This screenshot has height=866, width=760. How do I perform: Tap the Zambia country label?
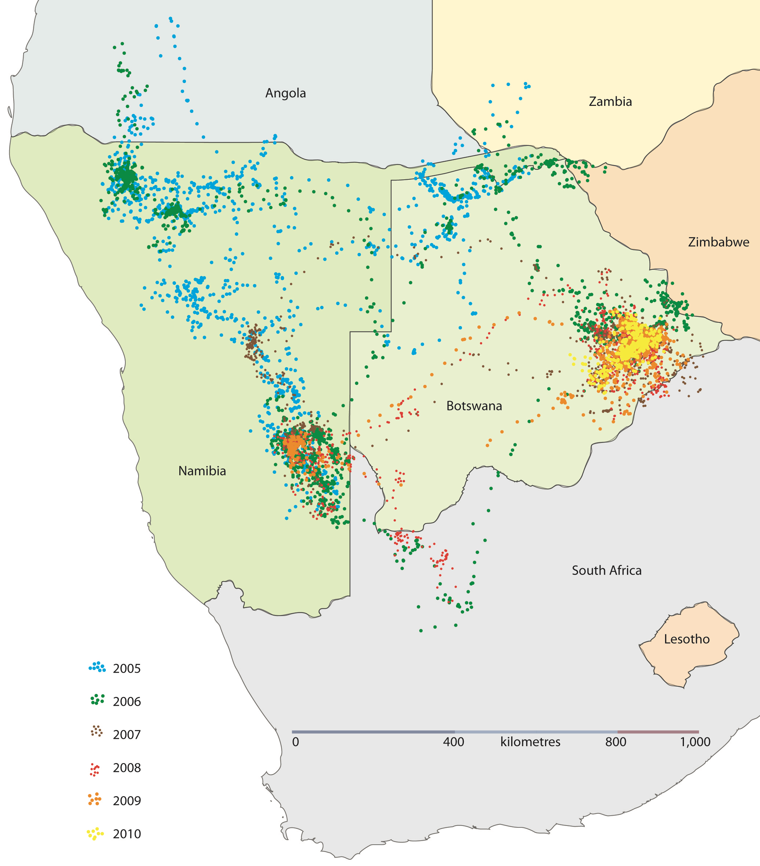click(610, 102)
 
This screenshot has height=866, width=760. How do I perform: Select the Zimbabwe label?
click(718, 242)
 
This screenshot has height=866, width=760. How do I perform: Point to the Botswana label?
click(474, 406)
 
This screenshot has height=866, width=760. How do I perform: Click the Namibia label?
click(202, 471)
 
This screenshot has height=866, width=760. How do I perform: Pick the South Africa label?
click(606, 570)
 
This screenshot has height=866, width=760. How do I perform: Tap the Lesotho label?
click(686, 639)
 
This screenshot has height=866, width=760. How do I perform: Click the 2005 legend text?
click(127, 669)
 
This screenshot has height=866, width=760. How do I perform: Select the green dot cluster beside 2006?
click(97, 700)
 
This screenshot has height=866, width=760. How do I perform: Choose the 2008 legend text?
click(127, 768)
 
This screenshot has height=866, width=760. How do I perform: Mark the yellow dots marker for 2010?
click(95, 833)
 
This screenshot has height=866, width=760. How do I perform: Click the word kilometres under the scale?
click(530, 742)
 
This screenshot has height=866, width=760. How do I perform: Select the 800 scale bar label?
click(616, 742)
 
